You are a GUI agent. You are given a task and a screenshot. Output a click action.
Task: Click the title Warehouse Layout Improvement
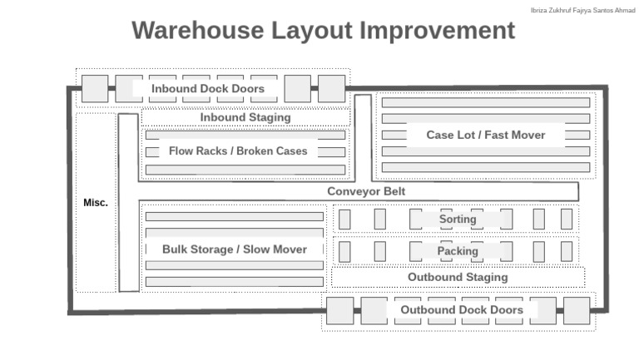tap(323, 31)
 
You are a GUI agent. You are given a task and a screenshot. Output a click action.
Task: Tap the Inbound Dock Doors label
tap(208, 88)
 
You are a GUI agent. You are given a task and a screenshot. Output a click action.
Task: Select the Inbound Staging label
tap(245, 117)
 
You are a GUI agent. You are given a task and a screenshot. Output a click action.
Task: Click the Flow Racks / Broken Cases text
tap(238, 151)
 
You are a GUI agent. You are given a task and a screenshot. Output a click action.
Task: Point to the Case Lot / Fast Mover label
tap(486, 135)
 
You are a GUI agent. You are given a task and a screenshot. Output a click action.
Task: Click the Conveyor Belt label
tap(366, 191)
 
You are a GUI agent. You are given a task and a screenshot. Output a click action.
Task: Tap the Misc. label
tap(96, 203)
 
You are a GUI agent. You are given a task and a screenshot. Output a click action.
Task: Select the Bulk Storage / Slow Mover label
tap(235, 249)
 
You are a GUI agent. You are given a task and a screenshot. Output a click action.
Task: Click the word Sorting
tap(458, 219)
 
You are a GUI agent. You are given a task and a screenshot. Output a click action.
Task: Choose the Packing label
tap(458, 251)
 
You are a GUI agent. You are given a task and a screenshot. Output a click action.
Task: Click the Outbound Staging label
tap(458, 277)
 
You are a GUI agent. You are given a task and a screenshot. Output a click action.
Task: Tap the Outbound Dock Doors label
tap(462, 310)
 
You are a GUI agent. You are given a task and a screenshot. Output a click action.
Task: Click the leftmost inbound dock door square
tap(95, 88)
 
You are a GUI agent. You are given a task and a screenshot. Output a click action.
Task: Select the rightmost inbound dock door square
tap(331, 88)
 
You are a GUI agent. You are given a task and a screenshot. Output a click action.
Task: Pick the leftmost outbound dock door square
tap(339, 310)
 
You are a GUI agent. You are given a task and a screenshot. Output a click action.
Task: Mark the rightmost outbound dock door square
tap(577, 310)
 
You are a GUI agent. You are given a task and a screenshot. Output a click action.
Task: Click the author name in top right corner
tap(582, 10)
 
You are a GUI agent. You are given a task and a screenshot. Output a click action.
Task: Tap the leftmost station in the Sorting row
tap(344, 219)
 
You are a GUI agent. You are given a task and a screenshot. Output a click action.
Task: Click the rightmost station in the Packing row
tap(567, 251)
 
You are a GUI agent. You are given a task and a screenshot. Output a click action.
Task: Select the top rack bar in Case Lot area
tap(486, 103)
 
